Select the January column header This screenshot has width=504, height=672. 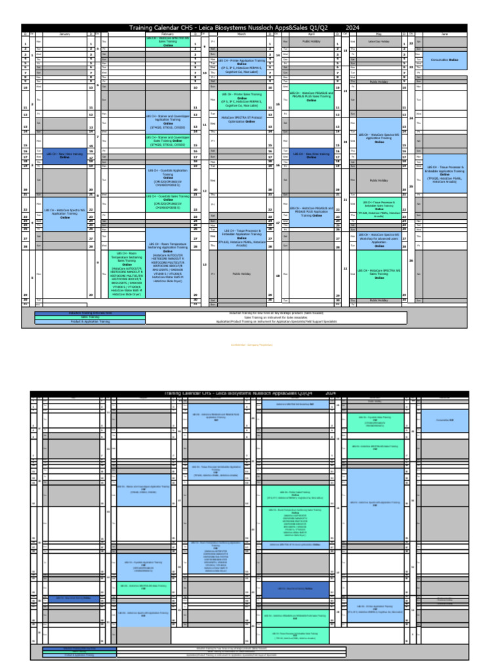pyautogui.click(x=64, y=33)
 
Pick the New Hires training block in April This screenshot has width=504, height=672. pyautogui.click(x=311, y=154)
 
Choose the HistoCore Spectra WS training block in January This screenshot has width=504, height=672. pyautogui.click(x=64, y=213)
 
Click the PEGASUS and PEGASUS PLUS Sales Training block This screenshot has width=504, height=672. pyautogui.click(x=311, y=96)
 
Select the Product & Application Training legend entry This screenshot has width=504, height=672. pyautogui.click(x=90, y=322)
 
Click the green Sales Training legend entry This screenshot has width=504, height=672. pyautogui.click(x=90, y=317)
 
